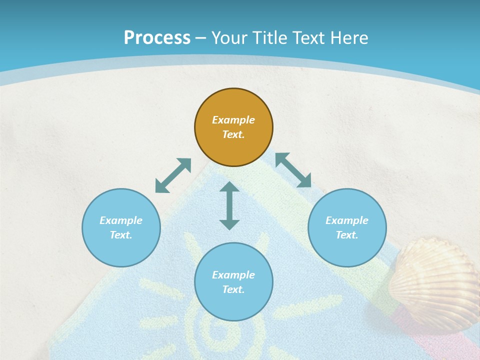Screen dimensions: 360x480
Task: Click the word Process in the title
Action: pyautogui.click(x=157, y=38)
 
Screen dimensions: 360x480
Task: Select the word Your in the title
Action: pyautogui.click(x=229, y=38)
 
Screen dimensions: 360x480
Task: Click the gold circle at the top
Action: pyautogui.click(x=233, y=127)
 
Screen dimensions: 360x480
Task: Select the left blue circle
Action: pyautogui.click(x=121, y=227)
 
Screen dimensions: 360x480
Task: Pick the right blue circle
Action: pyautogui.click(x=347, y=227)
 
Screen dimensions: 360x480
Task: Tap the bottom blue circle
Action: pyautogui.click(x=233, y=282)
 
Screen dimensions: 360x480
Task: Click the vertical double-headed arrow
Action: pyautogui.click(x=229, y=205)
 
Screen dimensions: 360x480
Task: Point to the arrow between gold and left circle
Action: pyautogui.click(x=173, y=175)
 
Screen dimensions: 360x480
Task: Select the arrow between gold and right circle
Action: pyautogui.click(x=293, y=170)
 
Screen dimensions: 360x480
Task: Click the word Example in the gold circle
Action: pyautogui.click(x=233, y=120)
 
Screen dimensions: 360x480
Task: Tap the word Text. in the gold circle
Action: pyautogui.click(x=233, y=134)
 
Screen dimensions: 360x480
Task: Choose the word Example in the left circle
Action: pyautogui.click(x=121, y=220)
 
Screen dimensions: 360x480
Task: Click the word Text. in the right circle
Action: pyautogui.click(x=347, y=235)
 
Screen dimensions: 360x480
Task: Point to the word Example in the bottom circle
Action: pyautogui.click(x=233, y=275)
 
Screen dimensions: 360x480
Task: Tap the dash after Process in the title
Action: pyautogui.click(x=201, y=38)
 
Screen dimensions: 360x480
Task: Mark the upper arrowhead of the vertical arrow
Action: pyautogui.click(x=229, y=187)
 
